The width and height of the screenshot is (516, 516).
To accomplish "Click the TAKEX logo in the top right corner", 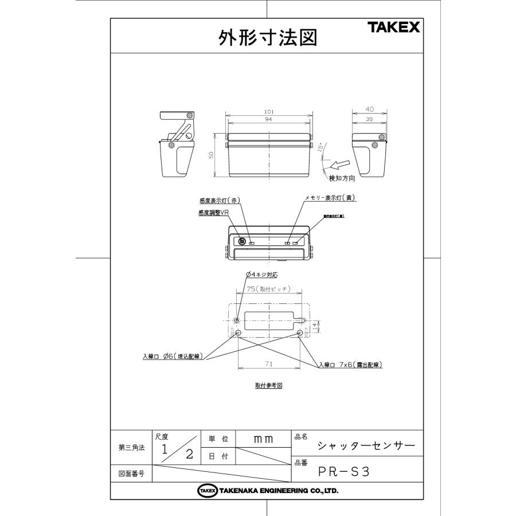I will (394, 28).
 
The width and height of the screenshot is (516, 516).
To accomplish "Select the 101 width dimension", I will (268, 111).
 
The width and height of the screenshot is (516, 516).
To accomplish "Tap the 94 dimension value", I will (268, 120).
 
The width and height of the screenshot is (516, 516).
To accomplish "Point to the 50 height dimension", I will (211, 155).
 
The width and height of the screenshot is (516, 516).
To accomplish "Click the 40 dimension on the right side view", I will (369, 108).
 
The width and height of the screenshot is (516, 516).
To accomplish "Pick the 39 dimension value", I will (369, 119).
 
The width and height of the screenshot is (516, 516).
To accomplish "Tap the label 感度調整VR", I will (214, 212).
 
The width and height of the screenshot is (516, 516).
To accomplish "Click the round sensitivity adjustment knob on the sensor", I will (243, 242).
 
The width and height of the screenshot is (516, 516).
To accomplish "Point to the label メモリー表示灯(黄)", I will (330, 198).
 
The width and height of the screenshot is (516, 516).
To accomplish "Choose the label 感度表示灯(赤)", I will (218, 201).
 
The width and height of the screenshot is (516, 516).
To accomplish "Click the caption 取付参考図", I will (268, 385).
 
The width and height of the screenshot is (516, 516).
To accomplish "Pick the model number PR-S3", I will (345, 472).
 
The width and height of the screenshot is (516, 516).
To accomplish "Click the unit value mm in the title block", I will (263, 439).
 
